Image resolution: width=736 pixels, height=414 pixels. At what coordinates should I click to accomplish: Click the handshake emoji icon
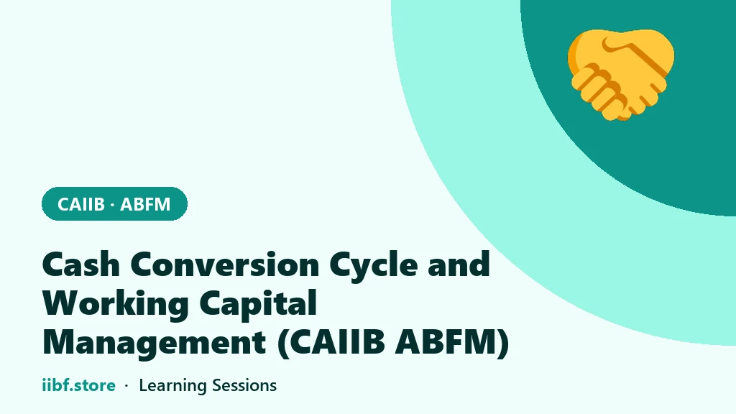(621, 75)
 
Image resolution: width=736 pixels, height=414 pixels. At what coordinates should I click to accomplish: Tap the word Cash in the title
(81, 264)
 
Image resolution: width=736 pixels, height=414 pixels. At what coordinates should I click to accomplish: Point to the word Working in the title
(116, 305)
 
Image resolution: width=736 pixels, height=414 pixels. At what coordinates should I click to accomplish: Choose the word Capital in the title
(258, 305)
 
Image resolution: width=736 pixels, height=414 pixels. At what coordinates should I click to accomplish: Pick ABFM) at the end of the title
(452, 344)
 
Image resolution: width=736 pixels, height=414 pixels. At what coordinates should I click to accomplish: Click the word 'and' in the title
(459, 264)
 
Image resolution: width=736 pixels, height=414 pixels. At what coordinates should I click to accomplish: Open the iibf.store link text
(78, 385)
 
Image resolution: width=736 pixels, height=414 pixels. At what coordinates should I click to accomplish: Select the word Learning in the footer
(172, 386)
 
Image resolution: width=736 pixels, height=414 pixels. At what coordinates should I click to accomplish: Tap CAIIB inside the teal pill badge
(80, 204)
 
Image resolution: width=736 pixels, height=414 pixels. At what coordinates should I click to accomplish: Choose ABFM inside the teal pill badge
(145, 204)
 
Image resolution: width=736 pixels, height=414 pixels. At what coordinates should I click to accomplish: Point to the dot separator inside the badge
(112, 205)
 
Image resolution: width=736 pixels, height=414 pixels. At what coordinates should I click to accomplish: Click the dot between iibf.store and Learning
(126, 386)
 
